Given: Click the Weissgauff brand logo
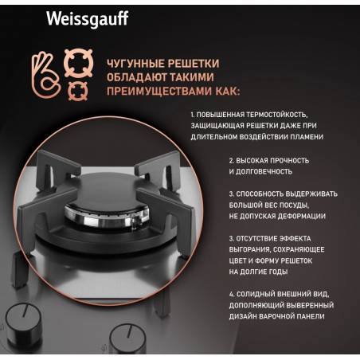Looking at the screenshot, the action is click(88, 19).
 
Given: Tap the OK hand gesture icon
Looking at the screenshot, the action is click(45, 75).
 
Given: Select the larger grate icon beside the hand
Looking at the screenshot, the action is click(78, 63).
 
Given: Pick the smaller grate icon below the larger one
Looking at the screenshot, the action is click(77, 91).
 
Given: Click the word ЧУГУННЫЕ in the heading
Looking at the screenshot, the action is click(135, 64).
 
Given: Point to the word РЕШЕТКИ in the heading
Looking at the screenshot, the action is click(194, 64).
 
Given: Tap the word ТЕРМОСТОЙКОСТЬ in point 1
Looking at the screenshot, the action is click(277, 115).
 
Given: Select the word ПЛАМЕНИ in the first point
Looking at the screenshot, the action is click(307, 137).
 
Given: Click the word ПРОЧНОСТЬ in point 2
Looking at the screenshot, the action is click(290, 161).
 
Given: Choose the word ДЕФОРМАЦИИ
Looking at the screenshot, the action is click(301, 216).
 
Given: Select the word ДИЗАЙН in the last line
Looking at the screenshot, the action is click(243, 316).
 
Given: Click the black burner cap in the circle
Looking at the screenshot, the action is click(106, 190).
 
